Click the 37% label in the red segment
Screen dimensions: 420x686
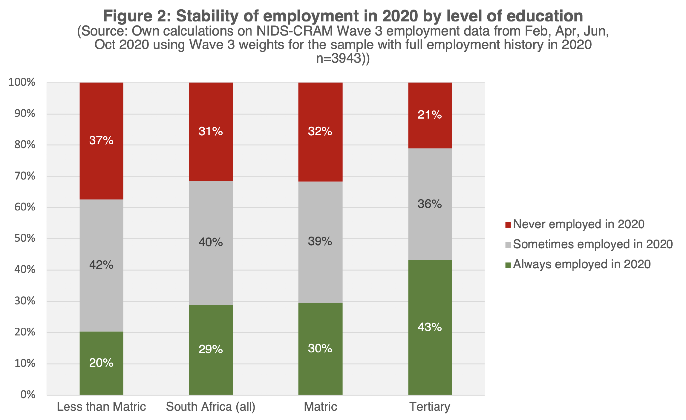pyautogui.click(x=101, y=140)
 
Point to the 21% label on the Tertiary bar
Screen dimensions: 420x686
pyautogui.click(x=430, y=115)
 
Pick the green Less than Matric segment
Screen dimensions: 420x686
pyautogui.click(x=101, y=376)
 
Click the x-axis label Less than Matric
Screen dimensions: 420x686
pyautogui.click(x=101, y=407)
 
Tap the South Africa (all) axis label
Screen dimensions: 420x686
pyautogui.click(x=211, y=407)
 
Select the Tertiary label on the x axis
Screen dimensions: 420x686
pyautogui.click(x=430, y=407)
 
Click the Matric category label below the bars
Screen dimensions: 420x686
pyautogui.click(x=320, y=407)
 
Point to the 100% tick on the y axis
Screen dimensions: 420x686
pyautogui.click(x=22, y=82)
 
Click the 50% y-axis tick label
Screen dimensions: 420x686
pyautogui.click(x=24, y=238)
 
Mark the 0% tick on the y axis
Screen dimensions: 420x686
pyautogui.click(x=28, y=395)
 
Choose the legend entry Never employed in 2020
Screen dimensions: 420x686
pyautogui.click(x=578, y=224)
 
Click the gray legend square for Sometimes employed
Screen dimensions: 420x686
pyautogui.click(x=508, y=245)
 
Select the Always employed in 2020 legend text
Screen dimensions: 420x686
pyautogui.click(x=582, y=264)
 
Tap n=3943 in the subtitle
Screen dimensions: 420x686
pyautogui.click(x=339, y=58)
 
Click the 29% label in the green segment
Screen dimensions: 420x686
pyautogui.click(x=211, y=349)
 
